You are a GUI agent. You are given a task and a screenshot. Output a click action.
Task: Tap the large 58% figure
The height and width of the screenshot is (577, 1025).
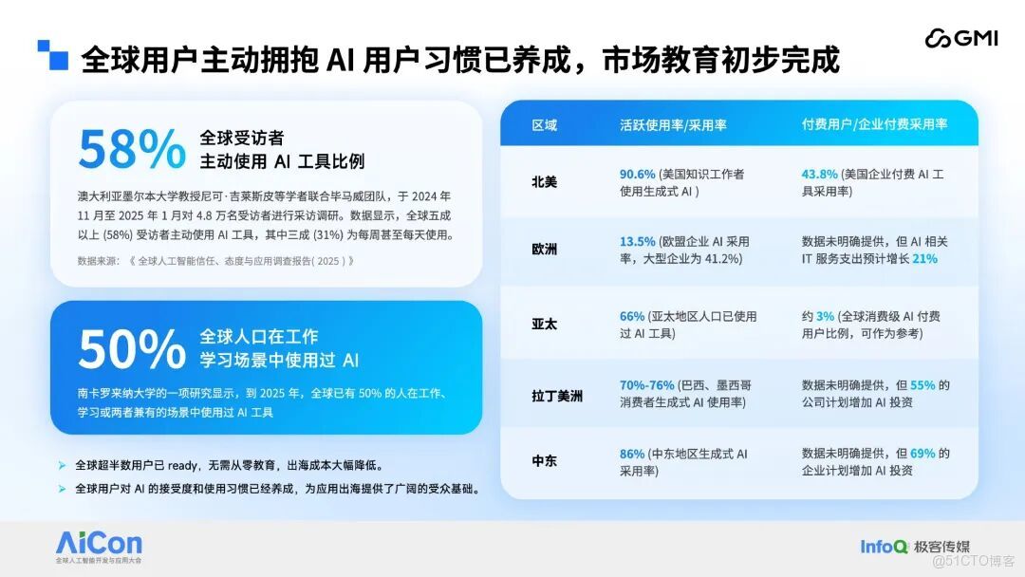coord(132,149)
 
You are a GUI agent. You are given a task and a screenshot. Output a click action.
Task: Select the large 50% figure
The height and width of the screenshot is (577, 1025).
coord(132,349)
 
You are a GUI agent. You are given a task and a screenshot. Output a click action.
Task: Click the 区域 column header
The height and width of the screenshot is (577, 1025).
coord(544,124)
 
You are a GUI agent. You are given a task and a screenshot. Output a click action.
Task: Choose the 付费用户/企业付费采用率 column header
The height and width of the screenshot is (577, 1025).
coord(874,124)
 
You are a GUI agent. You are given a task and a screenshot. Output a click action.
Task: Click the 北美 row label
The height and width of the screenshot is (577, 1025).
coord(544,182)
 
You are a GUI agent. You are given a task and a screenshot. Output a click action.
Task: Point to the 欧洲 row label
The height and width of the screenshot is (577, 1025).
coord(544,250)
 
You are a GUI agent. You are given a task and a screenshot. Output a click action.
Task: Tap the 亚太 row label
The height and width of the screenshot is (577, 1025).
coord(544,324)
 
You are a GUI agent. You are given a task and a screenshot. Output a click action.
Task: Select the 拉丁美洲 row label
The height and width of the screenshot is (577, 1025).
coord(557,395)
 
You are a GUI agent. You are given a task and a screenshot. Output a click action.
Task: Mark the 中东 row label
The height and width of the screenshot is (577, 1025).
coord(544,461)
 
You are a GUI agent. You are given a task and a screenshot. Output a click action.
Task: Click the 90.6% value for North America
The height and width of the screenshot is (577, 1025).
coord(637,175)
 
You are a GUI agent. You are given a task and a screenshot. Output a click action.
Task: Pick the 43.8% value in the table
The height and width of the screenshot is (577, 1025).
coord(819,175)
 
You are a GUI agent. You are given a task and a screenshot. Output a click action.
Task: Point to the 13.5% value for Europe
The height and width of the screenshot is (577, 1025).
coord(637,241)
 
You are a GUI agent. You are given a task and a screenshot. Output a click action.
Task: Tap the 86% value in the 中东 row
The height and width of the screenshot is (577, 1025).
coord(631,454)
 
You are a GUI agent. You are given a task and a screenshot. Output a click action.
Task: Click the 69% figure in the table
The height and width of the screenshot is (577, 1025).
coord(922,454)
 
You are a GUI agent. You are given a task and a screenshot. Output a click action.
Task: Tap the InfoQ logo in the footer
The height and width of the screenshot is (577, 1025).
coord(884,547)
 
